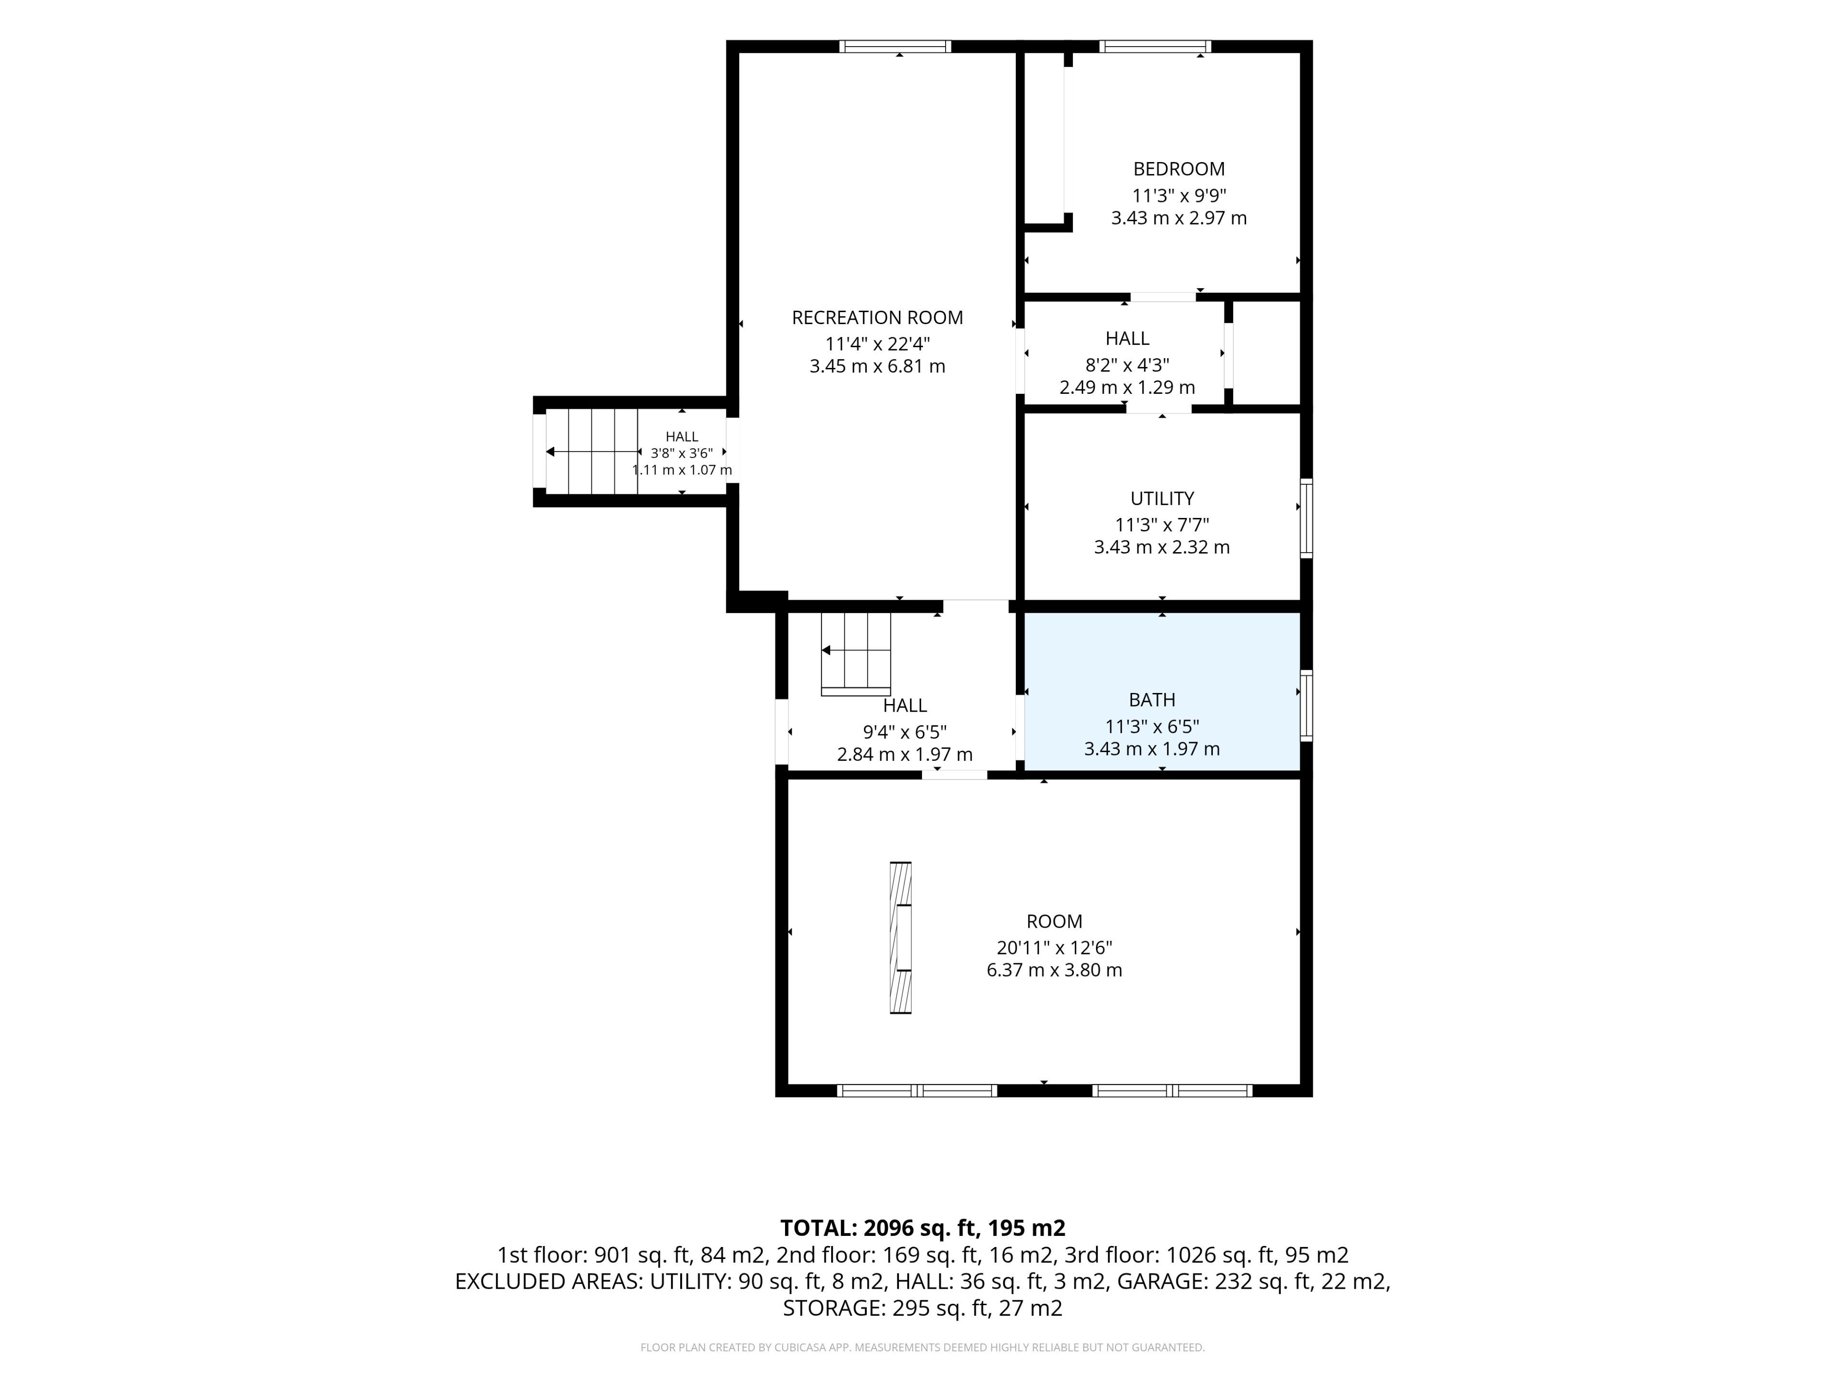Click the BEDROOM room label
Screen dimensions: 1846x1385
pos(1178,169)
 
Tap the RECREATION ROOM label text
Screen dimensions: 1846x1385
pos(877,318)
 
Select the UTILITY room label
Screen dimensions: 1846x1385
pos(1161,498)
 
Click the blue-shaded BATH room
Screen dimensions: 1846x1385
pos(1161,691)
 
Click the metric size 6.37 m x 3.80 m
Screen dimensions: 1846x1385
pos(1054,970)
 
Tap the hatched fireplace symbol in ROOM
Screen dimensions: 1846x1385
pos(900,938)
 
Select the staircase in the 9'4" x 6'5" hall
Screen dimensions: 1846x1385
pos(856,654)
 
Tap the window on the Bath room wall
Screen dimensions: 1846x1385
pos(1306,705)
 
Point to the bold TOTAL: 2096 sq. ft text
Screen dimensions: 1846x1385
pos(878,1228)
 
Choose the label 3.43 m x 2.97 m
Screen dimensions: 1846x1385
pos(1178,218)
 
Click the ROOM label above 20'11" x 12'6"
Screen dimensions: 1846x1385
pos(1054,922)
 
